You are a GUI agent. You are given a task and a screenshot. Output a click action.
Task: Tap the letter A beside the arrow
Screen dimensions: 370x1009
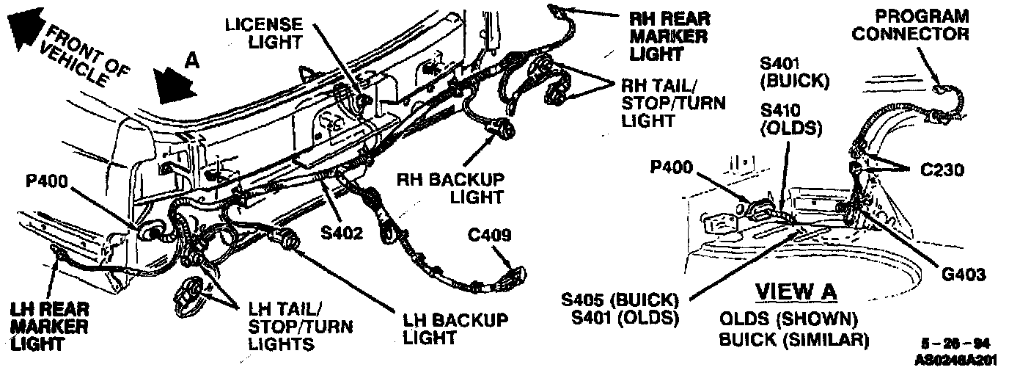tap(191, 62)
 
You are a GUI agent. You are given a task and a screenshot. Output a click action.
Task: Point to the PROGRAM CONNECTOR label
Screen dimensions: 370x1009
tap(922, 26)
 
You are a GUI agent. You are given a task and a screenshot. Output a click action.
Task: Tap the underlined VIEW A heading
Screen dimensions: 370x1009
tap(796, 291)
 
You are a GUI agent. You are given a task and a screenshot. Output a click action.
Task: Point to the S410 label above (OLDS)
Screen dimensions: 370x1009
tap(781, 111)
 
